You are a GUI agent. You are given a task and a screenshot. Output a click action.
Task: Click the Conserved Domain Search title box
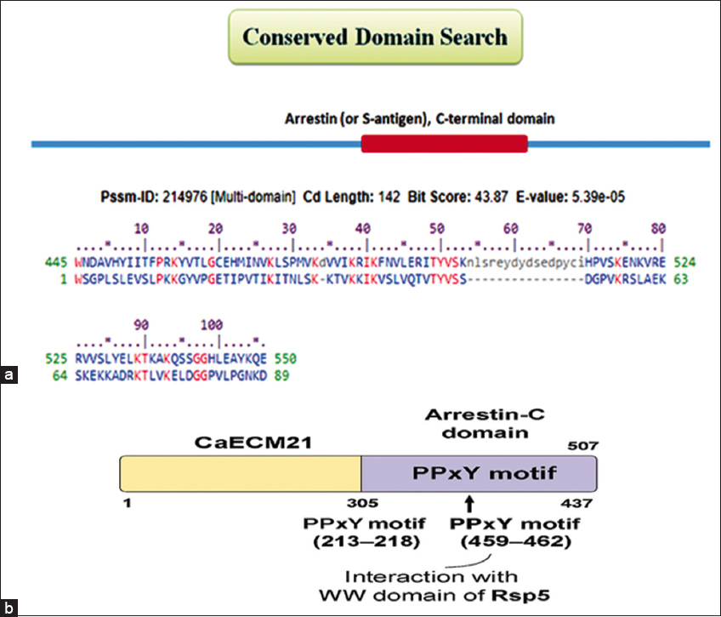375,38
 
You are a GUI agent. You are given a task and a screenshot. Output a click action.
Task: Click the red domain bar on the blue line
445,145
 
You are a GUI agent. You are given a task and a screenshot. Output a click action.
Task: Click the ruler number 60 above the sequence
511,228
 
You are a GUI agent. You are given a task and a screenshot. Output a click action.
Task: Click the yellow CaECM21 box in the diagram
240,470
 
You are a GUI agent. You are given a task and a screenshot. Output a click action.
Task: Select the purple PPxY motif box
479,470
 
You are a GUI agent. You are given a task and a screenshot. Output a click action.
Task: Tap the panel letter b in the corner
9,608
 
